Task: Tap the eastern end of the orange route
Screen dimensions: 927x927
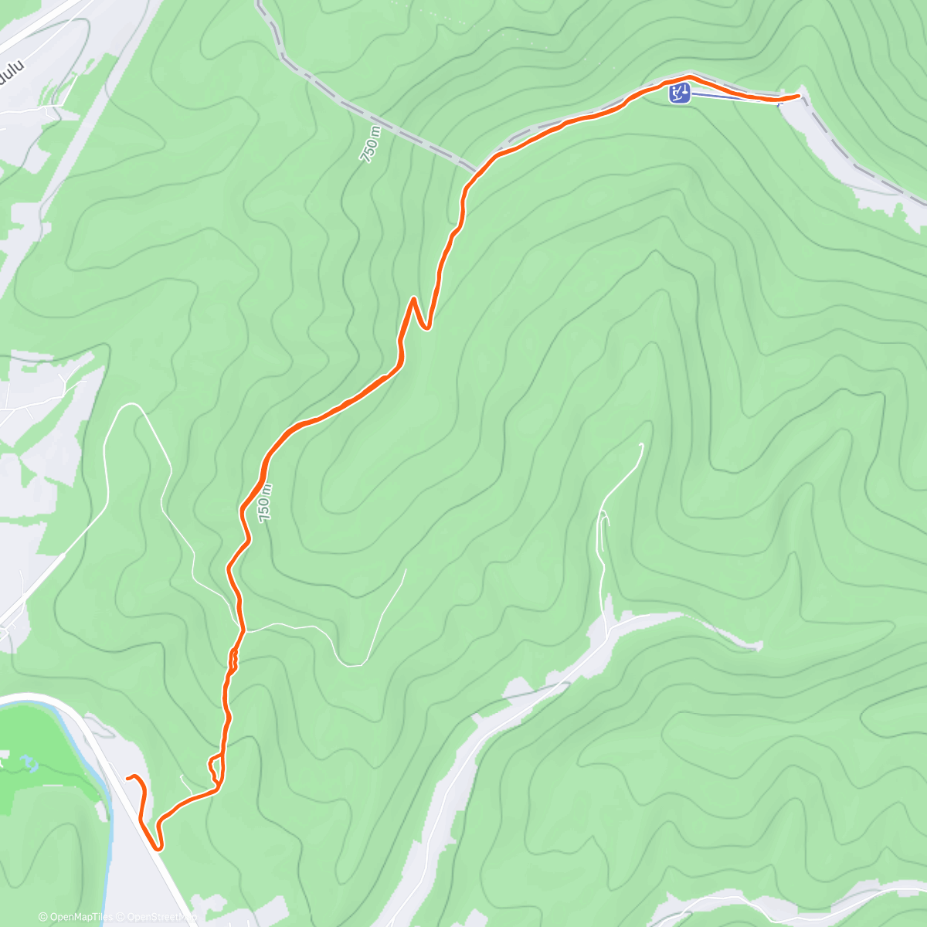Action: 798,95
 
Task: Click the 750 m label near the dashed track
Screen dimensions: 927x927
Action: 372,144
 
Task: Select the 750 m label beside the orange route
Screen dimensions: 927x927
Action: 266,503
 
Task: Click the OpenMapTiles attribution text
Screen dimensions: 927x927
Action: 80,917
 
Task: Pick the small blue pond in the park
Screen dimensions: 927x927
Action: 31,763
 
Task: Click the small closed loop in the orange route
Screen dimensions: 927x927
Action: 216,768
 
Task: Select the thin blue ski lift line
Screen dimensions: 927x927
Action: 734,98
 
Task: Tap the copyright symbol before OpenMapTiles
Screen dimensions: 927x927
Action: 42,917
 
